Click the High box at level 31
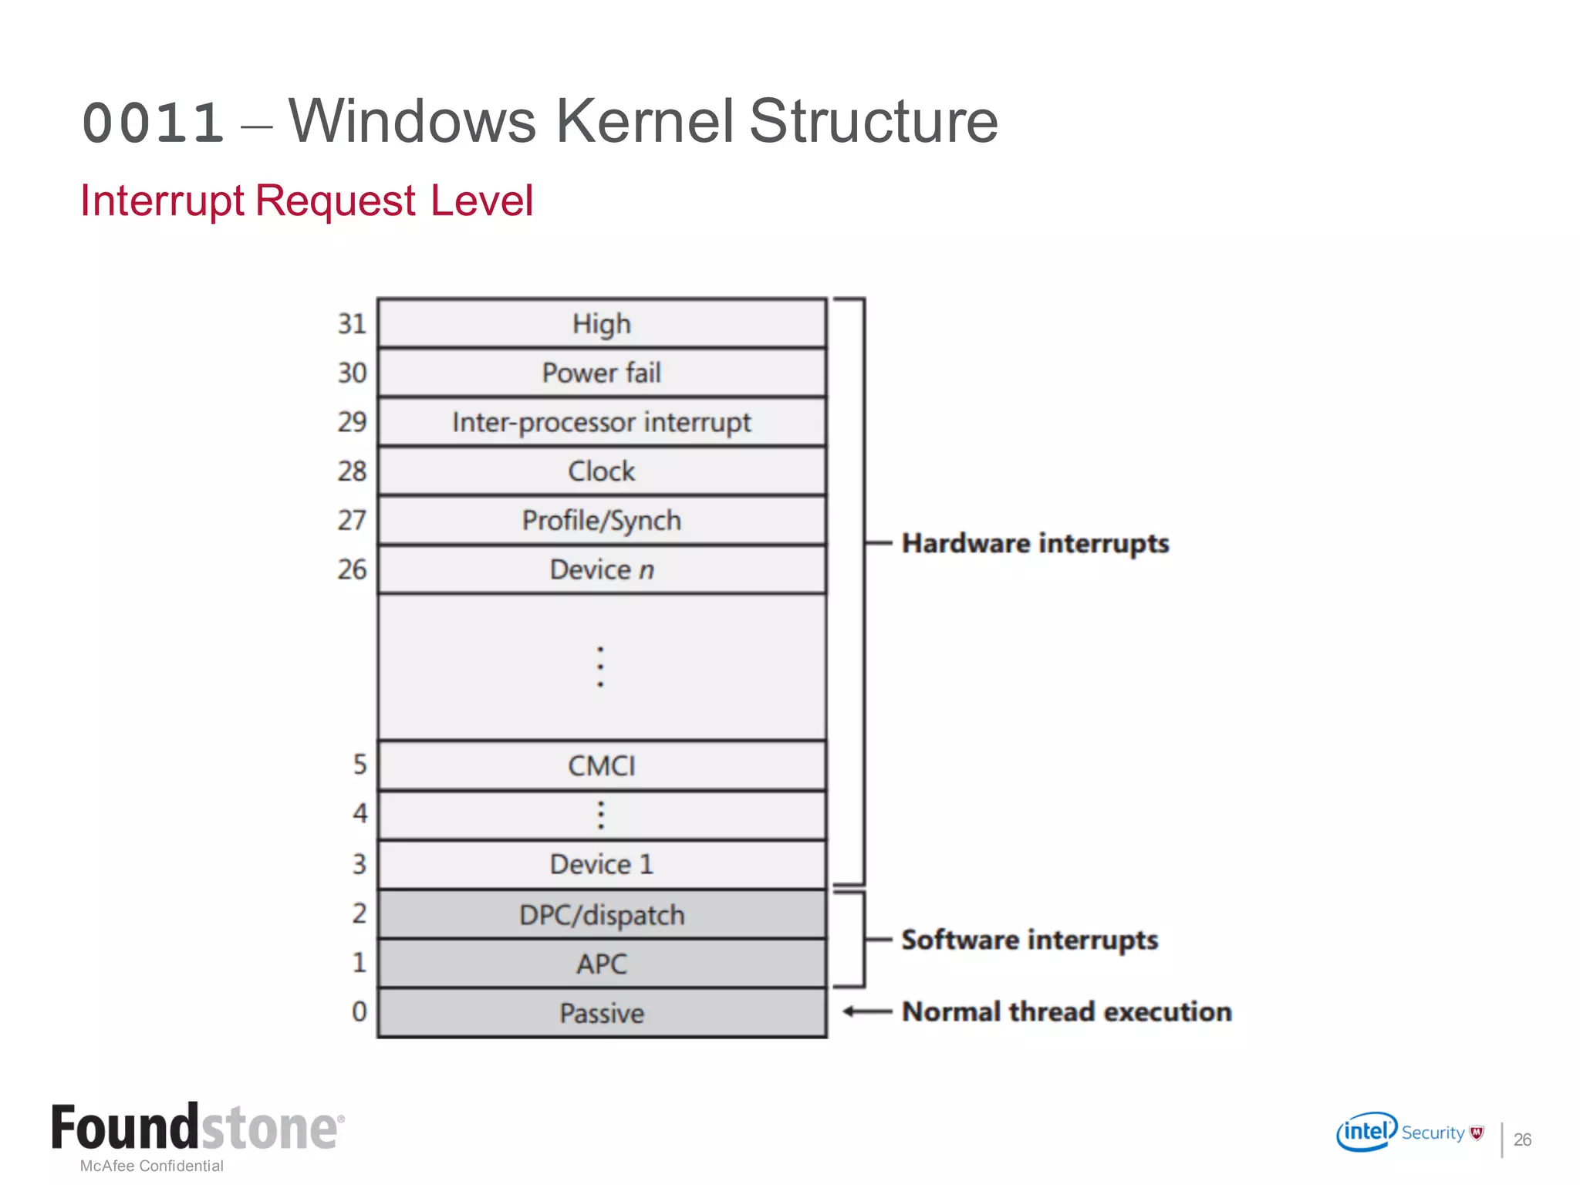(602, 323)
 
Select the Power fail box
(602, 373)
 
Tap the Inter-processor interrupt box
(602, 422)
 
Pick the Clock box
(602, 471)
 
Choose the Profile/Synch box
(602, 521)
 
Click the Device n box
(602, 569)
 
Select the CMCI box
(602, 765)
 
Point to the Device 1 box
(602, 864)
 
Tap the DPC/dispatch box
(602, 915)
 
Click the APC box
(602, 964)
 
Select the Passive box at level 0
(602, 1013)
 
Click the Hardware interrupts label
(1035, 544)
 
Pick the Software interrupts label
(1030, 940)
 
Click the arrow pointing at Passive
(866, 1011)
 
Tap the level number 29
(352, 422)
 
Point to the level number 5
(360, 765)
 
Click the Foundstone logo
(197, 1128)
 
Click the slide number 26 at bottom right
(1522, 1139)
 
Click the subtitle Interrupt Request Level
(306, 201)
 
